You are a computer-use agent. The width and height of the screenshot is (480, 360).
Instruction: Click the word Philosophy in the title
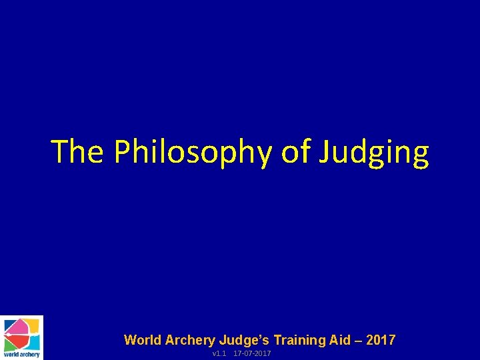pyautogui.click(x=193, y=152)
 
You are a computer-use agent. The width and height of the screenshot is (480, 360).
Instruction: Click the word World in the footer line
pyautogui.click(x=142, y=340)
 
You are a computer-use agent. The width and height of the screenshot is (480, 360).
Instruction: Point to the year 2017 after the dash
pyautogui.click(x=381, y=340)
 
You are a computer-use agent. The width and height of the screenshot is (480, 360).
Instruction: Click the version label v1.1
pyautogui.click(x=219, y=353)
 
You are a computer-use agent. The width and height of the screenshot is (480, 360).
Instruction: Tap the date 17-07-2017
pyautogui.click(x=252, y=353)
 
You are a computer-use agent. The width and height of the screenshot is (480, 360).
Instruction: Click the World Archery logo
pyautogui.click(x=21, y=337)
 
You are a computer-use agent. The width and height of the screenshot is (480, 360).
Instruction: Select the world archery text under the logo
pyautogui.click(x=21, y=355)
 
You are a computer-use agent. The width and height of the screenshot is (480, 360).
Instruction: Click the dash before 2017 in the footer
pyautogui.click(x=359, y=341)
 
